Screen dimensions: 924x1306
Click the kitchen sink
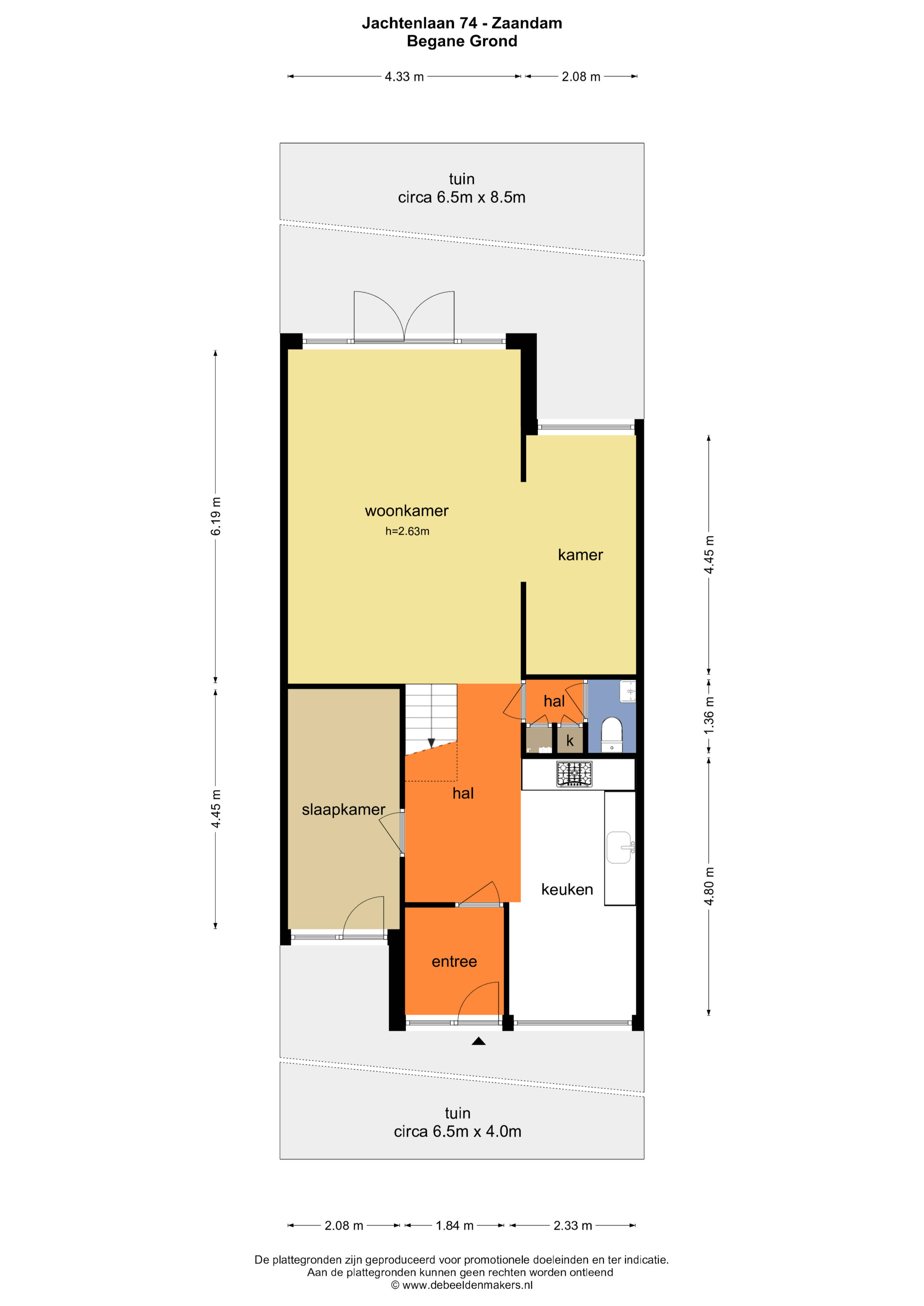click(620, 848)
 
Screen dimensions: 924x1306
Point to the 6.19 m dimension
click(216, 516)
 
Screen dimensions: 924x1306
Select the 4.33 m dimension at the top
click(404, 77)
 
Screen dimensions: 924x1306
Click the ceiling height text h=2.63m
click(407, 531)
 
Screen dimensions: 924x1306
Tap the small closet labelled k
click(570, 741)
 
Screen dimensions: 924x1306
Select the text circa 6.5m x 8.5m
click(462, 197)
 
